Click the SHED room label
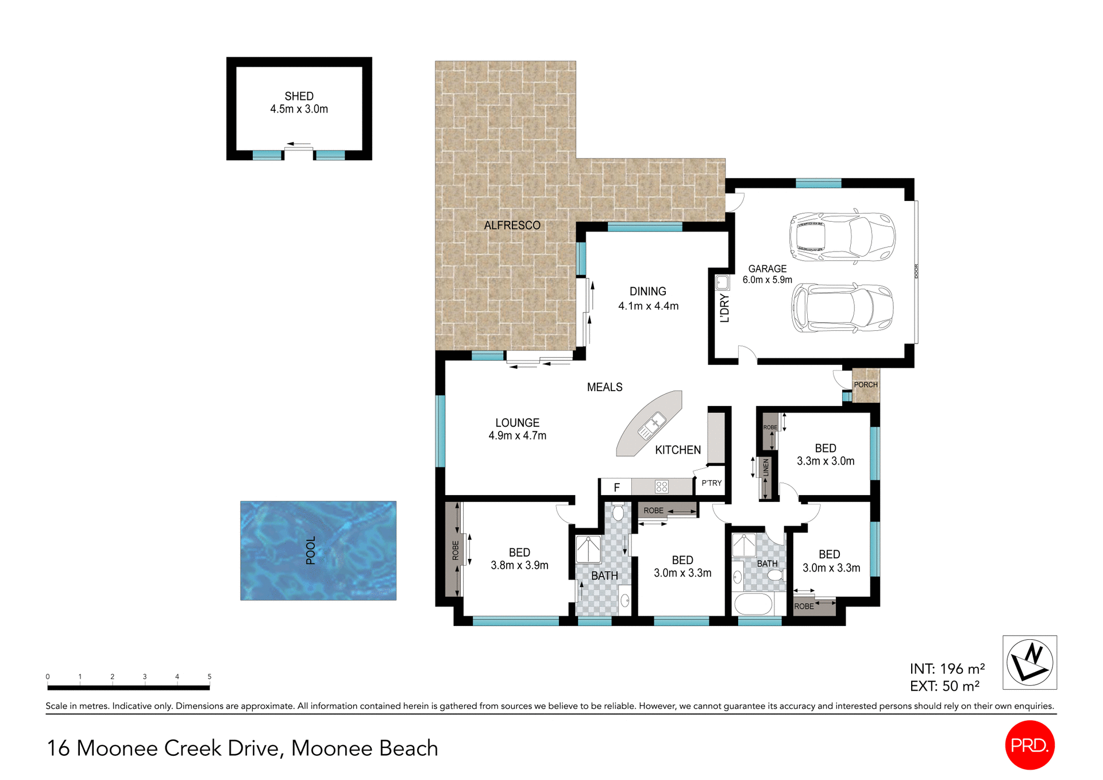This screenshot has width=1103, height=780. click(299, 96)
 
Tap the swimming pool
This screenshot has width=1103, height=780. click(318, 550)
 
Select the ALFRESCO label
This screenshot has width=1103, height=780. click(512, 226)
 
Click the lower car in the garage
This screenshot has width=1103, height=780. click(842, 308)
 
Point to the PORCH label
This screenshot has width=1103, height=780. click(865, 385)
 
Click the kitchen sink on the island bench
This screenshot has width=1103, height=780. click(651, 427)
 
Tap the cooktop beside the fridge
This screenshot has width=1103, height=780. click(661, 487)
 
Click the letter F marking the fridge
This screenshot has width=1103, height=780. click(616, 488)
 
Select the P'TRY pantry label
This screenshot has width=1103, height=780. click(711, 483)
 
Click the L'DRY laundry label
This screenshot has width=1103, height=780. click(724, 308)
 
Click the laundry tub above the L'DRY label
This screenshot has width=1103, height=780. click(722, 283)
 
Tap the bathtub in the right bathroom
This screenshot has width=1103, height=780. click(753, 604)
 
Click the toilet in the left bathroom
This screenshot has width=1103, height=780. click(618, 511)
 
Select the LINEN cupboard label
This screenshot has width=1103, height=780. click(766, 468)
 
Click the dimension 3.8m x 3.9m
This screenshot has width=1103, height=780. click(519, 565)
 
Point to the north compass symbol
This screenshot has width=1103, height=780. click(1029, 662)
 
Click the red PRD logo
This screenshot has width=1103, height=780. click(1029, 745)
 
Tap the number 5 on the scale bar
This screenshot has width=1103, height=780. click(210, 677)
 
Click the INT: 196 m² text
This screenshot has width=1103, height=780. click(947, 669)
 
